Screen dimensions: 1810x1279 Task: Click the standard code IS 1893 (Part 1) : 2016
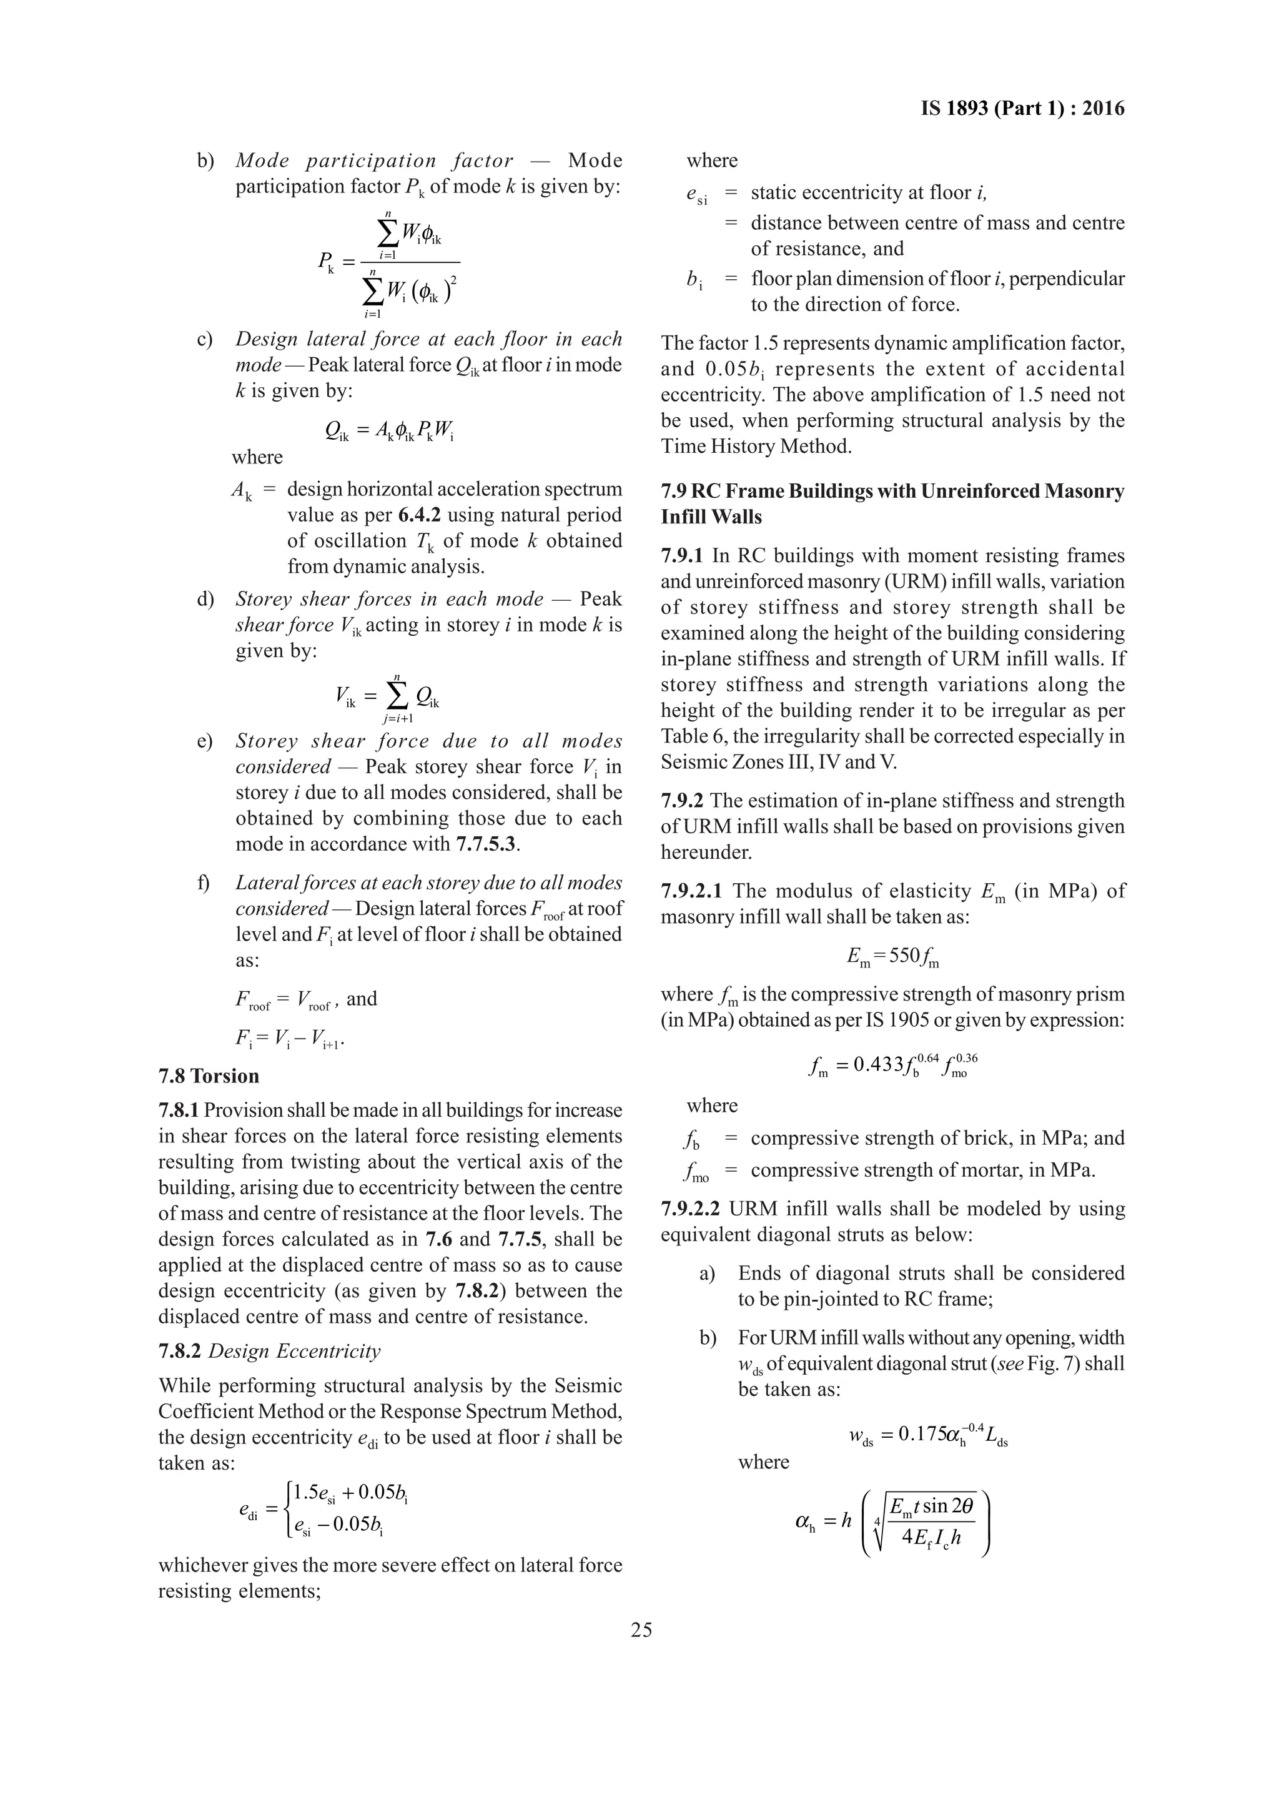(1022, 109)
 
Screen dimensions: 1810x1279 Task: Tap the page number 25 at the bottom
(641, 1629)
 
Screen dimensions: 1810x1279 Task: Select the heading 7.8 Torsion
(208, 1076)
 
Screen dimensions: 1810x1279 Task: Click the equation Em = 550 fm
(892, 956)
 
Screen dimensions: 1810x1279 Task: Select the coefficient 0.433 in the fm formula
(879, 1066)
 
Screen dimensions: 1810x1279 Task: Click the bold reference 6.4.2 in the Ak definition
(418, 515)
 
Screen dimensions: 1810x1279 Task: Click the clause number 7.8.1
(180, 1110)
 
